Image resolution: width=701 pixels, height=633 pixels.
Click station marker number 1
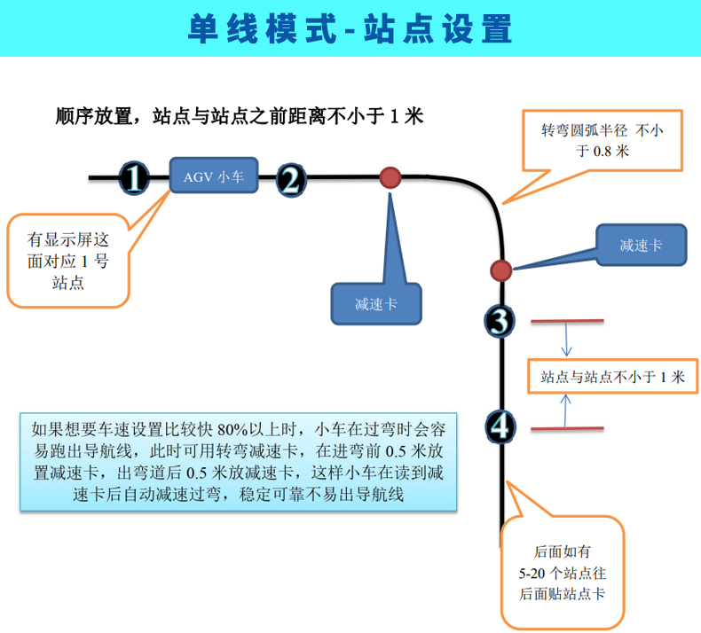click(134, 178)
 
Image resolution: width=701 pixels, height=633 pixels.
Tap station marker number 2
click(291, 181)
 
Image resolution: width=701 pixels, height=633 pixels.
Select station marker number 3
click(500, 321)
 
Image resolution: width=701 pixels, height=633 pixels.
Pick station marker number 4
click(500, 427)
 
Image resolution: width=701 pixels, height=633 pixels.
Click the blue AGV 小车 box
click(214, 176)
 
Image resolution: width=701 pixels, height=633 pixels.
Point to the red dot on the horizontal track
click(390, 177)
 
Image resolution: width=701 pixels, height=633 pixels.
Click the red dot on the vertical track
click(500, 270)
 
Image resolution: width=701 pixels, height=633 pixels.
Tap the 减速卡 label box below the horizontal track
click(376, 304)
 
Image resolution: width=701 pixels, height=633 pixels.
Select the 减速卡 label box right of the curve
click(642, 245)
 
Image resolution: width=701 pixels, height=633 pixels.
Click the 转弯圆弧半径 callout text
click(603, 141)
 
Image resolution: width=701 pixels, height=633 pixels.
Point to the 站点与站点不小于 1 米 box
click(612, 376)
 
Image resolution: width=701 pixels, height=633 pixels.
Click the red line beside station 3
click(567, 321)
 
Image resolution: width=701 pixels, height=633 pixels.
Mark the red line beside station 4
click(567, 428)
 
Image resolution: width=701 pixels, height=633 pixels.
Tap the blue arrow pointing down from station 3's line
click(566, 340)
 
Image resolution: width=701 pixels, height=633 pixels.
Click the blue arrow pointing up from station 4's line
click(565, 410)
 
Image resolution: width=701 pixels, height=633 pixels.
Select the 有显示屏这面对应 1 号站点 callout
click(68, 261)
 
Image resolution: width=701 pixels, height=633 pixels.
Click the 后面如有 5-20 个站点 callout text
click(562, 573)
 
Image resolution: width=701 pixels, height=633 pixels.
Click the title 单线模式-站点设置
click(350, 29)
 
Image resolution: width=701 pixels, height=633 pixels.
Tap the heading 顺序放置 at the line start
click(93, 116)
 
